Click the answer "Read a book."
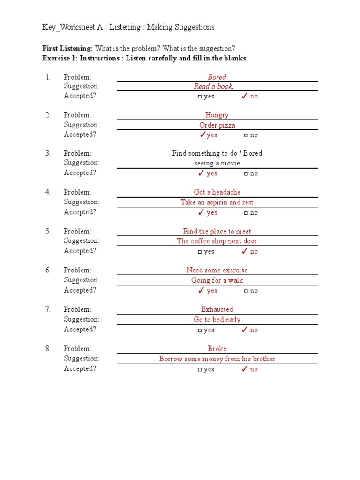point(214,86)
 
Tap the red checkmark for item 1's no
point(244,96)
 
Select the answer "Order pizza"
point(217,125)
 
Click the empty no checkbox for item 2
point(246,135)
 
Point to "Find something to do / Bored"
point(217,153)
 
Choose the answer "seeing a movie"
point(217,163)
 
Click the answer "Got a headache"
point(217,192)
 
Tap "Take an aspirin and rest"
point(217,202)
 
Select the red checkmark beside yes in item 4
point(201,212)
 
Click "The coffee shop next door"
point(217,241)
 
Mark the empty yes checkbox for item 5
point(200,252)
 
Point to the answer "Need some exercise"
point(217,270)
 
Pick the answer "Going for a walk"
point(217,280)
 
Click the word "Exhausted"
point(217,309)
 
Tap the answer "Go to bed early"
point(217,320)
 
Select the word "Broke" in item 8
point(217,349)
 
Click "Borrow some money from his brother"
point(217,359)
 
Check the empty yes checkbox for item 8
point(200,370)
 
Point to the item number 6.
point(48,270)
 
